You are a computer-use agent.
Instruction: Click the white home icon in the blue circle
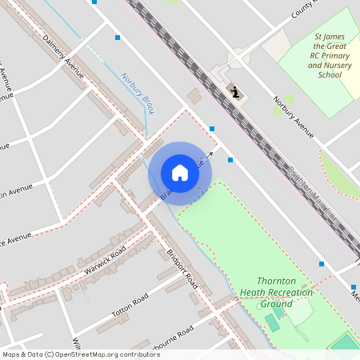pyautogui.click(x=180, y=173)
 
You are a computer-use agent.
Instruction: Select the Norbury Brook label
pyautogui.click(x=138, y=93)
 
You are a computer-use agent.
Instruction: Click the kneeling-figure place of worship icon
pyautogui.click(x=235, y=92)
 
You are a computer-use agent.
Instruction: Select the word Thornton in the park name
pyautogui.click(x=278, y=282)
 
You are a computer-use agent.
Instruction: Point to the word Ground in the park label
pyautogui.click(x=276, y=304)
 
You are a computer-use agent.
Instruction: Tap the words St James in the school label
pyautogui.click(x=330, y=37)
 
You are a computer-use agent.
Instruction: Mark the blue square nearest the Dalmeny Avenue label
pyautogui.click(x=118, y=38)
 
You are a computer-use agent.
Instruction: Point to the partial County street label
pyautogui.click(x=303, y=9)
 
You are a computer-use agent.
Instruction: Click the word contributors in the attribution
pyautogui.click(x=134, y=354)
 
